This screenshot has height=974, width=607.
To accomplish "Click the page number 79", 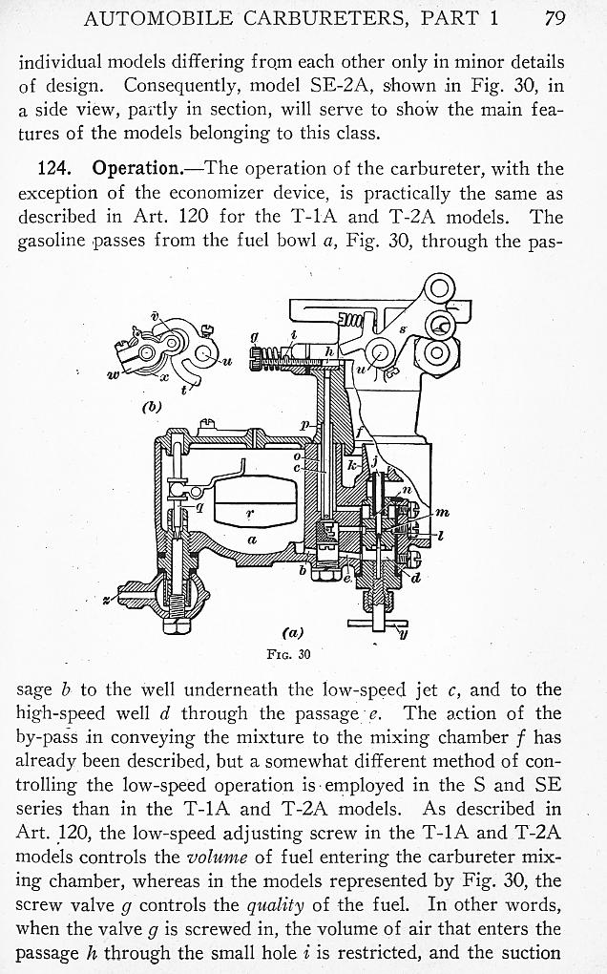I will tap(555, 17).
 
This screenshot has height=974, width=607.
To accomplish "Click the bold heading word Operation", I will tap(136, 169).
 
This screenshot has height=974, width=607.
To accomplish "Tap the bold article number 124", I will tap(54, 169).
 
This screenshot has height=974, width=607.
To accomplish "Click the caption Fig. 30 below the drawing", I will tap(287, 655).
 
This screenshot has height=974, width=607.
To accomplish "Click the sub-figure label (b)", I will tap(151, 406).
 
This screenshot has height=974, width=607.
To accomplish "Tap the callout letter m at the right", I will tap(441, 514).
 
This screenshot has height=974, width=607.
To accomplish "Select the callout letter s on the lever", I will tap(403, 329).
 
